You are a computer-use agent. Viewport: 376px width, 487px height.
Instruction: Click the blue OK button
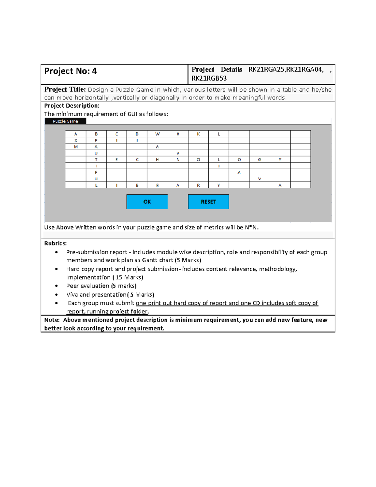pyautogui.click(x=147, y=202)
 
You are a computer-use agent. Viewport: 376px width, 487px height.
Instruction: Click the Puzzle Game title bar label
pyautogui.click(x=65, y=121)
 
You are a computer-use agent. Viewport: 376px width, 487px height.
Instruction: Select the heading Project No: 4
pyautogui.click(x=70, y=71)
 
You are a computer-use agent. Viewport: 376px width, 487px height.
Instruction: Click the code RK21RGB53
pyautogui.click(x=209, y=78)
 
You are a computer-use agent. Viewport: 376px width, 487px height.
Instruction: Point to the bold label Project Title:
pyautogui.click(x=65, y=90)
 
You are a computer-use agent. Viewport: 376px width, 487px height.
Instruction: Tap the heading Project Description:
pyautogui.click(x=72, y=106)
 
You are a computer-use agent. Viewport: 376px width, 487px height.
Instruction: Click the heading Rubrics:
pyautogui.click(x=55, y=243)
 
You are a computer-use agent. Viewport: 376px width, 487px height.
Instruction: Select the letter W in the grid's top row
pyautogui.click(x=157, y=134)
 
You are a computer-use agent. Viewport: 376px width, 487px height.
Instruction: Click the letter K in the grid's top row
pyautogui.click(x=198, y=134)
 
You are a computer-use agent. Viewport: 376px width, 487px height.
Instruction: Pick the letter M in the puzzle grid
pyautogui.click(x=76, y=147)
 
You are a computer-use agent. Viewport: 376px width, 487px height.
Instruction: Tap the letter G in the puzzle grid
pyautogui.click(x=259, y=160)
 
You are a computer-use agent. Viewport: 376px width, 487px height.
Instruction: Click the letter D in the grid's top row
pyautogui.click(x=137, y=134)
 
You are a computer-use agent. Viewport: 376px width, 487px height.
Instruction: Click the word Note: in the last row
pyautogui.click(x=52, y=320)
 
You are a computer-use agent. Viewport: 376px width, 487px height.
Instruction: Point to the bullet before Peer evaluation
pyautogui.click(x=56, y=286)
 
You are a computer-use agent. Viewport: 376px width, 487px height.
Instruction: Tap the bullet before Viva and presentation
pyautogui.click(x=56, y=295)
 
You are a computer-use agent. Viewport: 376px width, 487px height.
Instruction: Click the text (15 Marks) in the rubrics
pyautogui.click(x=128, y=278)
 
